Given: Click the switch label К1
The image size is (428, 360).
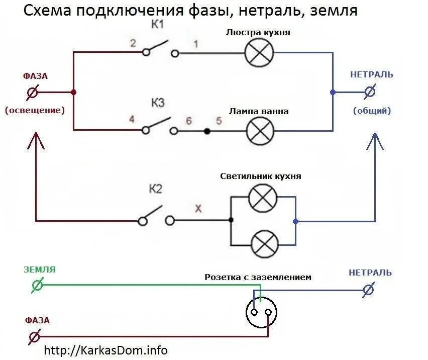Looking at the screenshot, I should pos(157,26).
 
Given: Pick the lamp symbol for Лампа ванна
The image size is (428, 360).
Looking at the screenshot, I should pos(260,131).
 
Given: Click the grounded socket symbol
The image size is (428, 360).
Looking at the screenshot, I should pos(261,312).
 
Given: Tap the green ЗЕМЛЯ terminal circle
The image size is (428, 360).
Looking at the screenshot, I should pos(37,285).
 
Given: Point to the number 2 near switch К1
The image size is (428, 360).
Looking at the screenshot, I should pos(133,43).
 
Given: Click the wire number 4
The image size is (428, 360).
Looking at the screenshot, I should pos(132,120).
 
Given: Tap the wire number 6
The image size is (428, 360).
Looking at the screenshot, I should pos(189,121).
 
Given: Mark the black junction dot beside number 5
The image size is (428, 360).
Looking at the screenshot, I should pos(206,131).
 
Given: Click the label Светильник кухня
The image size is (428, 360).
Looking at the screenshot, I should pos(261,176).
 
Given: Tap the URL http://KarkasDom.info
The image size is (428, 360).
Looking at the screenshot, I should pos(106,350).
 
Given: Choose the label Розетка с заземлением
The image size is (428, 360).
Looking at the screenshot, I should pos(258,277).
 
